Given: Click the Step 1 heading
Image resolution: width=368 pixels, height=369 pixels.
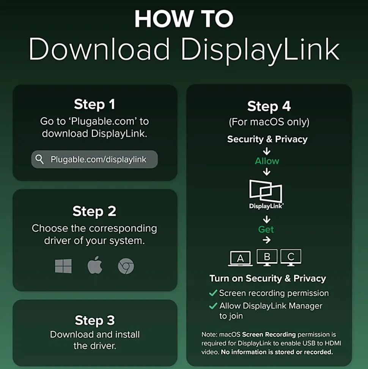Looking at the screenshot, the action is (x=94, y=104).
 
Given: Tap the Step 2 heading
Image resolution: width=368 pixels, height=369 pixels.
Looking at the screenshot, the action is (x=94, y=211).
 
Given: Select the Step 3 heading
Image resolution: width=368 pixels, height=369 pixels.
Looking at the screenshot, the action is (x=95, y=320).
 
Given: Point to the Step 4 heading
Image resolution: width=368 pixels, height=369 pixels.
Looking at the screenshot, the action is (x=269, y=106).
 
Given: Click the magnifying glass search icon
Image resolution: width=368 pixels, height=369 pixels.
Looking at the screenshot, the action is (x=39, y=159).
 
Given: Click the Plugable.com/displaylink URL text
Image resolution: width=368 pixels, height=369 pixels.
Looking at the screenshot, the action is (x=99, y=160).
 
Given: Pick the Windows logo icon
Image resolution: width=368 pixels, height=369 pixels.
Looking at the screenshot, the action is (x=63, y=266).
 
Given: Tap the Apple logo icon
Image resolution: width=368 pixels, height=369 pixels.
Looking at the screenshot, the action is (x=95, y=265).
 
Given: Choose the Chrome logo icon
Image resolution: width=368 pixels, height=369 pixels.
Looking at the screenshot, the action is (x=126, y=266).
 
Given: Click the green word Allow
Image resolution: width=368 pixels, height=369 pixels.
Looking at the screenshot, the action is (x=267, y=161).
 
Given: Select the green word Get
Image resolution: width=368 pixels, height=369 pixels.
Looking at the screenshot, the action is (x=266, y=229).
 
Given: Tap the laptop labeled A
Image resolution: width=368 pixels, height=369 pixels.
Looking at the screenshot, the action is (x=241, y=258).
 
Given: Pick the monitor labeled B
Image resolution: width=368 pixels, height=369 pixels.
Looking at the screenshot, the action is (x=267, y=257).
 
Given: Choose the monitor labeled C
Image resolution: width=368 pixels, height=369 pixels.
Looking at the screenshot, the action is (x=291, y=257).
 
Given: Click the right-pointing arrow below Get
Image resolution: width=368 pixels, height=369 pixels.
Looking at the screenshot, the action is (x=267, y=240).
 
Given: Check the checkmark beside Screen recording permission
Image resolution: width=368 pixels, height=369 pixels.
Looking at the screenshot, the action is (x=213, y=293).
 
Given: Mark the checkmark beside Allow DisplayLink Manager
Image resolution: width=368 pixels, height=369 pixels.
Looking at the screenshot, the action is (x=213, y=306).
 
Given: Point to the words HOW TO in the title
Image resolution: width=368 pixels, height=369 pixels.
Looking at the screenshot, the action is (x=184, y=19).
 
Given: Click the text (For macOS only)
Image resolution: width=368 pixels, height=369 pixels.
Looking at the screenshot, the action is (x=269, y=122).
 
